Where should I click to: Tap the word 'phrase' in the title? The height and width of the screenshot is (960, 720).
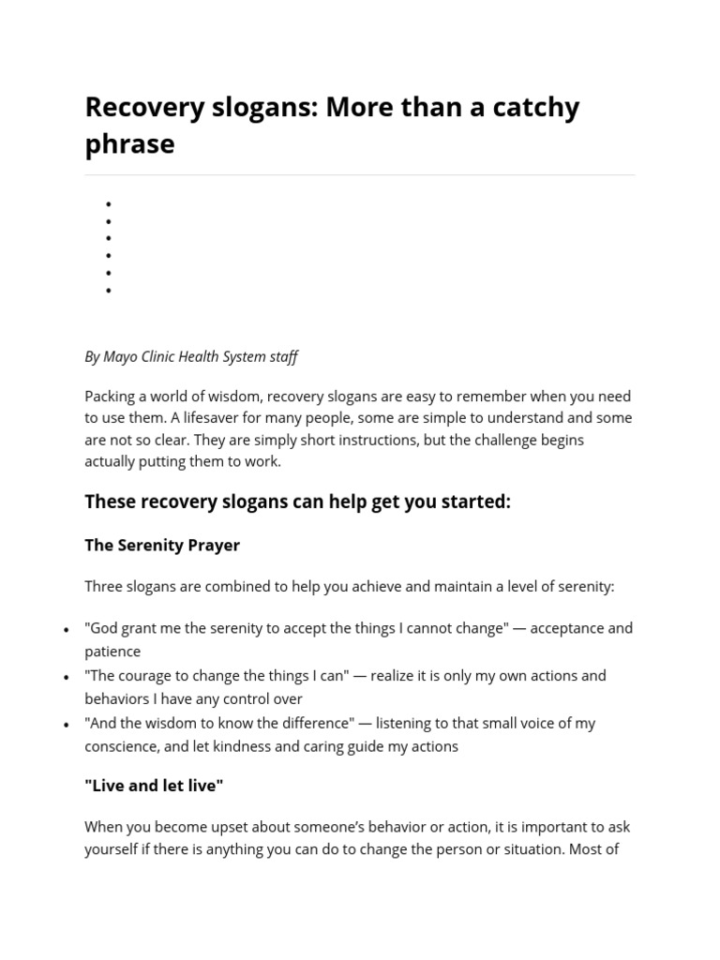click(x=129, y=144)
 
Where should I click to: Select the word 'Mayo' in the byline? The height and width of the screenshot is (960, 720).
click(x=120, y=356)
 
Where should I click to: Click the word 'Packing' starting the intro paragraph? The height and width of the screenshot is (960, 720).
click(x=110, y=396)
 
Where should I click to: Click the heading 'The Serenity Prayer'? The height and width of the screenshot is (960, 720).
click(x=162, y=545)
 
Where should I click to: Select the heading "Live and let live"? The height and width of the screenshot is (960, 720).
click(x=154, y=786)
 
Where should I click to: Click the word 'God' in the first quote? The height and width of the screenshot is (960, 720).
click(x=107, y=628)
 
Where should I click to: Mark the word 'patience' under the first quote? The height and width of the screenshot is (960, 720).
click(x=112, y=652)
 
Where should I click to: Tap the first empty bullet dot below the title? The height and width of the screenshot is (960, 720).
click(x=109, y=204)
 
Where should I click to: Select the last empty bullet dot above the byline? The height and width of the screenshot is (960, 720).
click(x=109, y=291)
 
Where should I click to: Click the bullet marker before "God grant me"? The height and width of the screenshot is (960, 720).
click(x=66, y=629)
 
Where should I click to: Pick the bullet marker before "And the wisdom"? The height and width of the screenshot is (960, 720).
click(x=66, y=724)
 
